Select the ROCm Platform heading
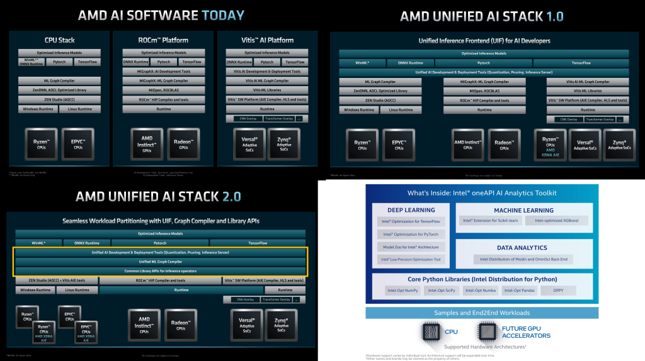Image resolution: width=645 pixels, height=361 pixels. (163, 40)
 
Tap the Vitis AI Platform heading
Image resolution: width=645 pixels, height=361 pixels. (267, 40)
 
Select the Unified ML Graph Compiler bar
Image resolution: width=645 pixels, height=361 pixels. (160, 262)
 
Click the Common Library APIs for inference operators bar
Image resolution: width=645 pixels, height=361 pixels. (160, 271)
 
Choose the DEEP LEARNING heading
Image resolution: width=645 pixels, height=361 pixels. (411, 210)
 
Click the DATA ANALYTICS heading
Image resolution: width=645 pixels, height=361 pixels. (521, 248)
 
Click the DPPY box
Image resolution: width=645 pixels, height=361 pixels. (558, 291)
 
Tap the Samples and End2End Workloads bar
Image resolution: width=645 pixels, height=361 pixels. (482, 313)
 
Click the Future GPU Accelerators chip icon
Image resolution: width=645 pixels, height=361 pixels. (486, 331)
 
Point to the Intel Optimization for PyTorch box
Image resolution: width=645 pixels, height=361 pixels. (411, 234)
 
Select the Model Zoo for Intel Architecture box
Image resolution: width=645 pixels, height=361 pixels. (411, 247)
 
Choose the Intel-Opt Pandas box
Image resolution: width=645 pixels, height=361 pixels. (519, 291)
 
